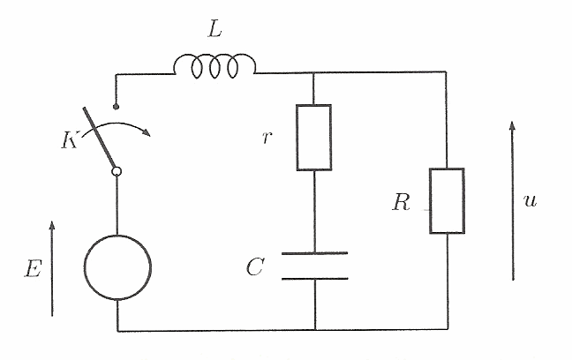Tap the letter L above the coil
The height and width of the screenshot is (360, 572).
pyautogui.click(x=214, y=29)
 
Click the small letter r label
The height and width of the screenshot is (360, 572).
pyautogui.click(x=267, y=138)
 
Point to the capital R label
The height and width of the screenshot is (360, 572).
pyautogui.click(x=401, y=202)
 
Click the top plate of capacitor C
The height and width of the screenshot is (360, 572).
pyautogui.click(x=314, y=252)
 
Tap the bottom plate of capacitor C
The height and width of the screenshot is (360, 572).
pyautogui.click(x=314, y=279)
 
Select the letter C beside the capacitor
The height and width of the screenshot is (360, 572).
pyautogui.click(x=254, y=266)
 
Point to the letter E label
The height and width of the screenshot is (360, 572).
pyautogui.click(x=34, y=269)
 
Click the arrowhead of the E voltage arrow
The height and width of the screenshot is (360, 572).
pyautogui.click(x=52, y=225)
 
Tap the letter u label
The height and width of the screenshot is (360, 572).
pyautogui.click(x=530, y=200)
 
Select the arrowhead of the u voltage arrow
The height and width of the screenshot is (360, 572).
pyautogui.click(x=513, y=126)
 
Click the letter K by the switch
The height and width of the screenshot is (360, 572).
pyautogui.click(x=70, y=140)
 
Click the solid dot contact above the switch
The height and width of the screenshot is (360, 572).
pyautogui.click(x=116, y=107)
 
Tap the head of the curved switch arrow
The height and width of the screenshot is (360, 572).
pyautogui.click(x=147, y=132)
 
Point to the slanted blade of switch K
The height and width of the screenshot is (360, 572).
pyautogui.click(x=99, y=138)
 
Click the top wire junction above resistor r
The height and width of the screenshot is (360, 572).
pyautogui.click(x=313, y=72)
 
